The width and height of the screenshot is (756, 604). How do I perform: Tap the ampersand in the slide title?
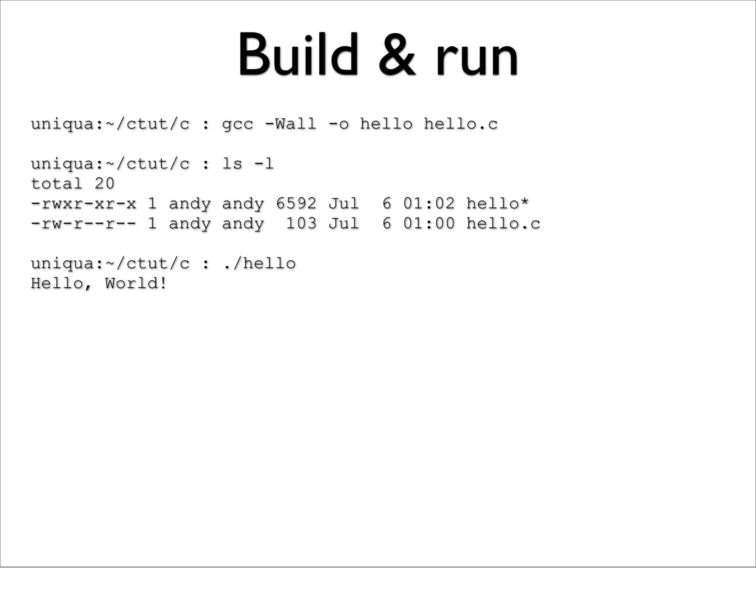pos(397,55)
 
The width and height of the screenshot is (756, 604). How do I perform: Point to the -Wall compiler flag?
pos(291,124)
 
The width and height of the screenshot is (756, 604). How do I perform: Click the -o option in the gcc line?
pos(338,124)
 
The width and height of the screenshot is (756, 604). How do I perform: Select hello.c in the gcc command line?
pos(460,124)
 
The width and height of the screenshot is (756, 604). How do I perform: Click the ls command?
pos(232,164)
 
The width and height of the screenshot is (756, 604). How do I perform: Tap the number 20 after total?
pos(104,183)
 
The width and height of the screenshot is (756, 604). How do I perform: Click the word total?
pos(56,183)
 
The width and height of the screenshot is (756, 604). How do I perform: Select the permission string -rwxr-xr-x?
pos(83,204)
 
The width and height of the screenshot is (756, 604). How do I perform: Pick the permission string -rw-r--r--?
pos(83,224)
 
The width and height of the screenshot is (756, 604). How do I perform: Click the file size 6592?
pos(296,203)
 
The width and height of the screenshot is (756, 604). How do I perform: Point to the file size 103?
pos(301,223)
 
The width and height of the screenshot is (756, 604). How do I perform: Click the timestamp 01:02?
pos(429,203)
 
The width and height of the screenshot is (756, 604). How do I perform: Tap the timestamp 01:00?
pos(429,223)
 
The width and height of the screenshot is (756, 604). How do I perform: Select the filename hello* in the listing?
pos(497,203)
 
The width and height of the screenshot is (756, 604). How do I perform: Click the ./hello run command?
pos(259,264)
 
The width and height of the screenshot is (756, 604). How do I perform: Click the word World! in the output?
pos(136,284)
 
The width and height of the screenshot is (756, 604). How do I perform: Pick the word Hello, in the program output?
pos(61,284)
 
